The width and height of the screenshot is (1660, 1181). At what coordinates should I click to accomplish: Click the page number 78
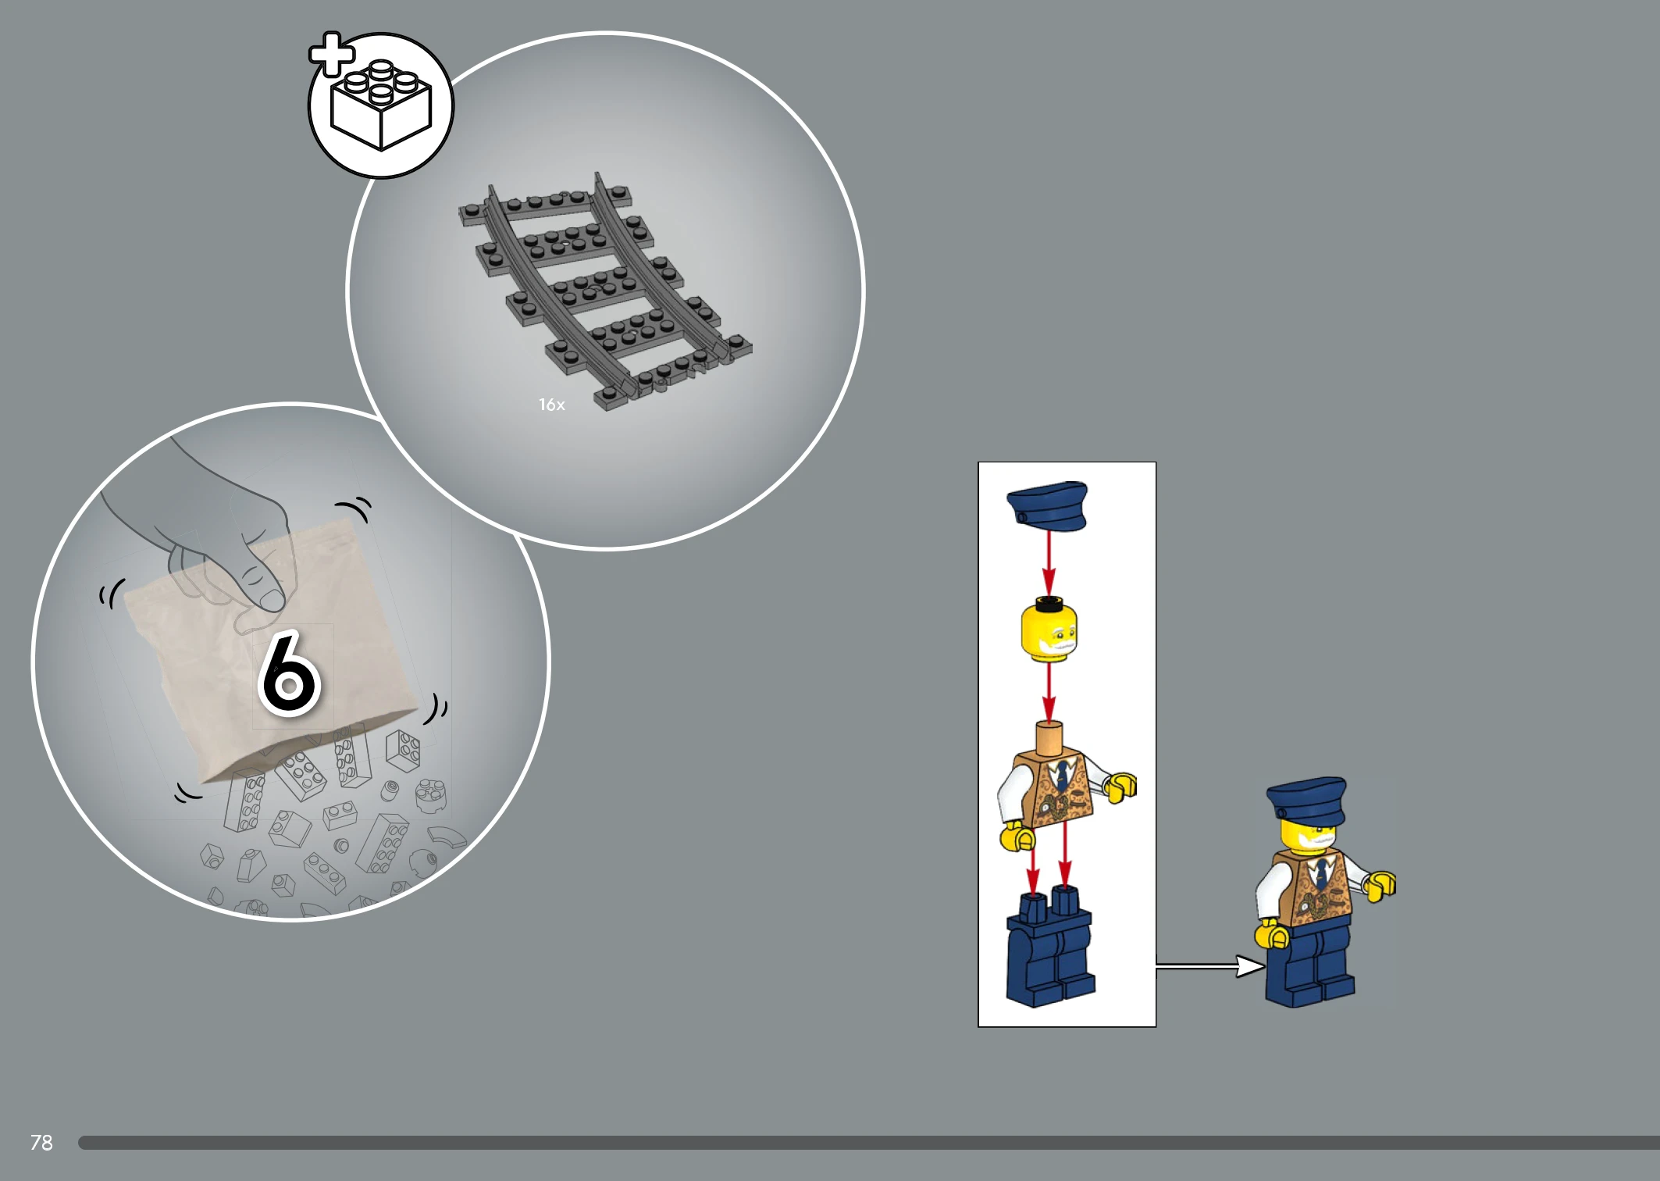click(41, 1143)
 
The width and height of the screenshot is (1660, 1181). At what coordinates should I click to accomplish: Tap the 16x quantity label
click(551, 405)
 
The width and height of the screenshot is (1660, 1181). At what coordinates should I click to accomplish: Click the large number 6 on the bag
click(289, 674)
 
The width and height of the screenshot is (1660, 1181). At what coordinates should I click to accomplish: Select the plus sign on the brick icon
click(332, 54)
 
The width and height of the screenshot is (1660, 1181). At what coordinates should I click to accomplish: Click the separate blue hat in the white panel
click(1047, 506)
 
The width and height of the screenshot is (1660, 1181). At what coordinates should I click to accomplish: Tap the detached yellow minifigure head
click(1049, 630)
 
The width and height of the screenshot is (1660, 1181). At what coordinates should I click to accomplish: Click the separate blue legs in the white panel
click(1050, 947)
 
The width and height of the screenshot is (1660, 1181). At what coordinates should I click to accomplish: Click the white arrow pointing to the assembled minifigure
click(1210, 967)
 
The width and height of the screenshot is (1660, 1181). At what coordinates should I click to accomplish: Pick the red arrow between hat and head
click(1049, 563)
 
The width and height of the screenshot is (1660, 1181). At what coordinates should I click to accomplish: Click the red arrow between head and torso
click(1049, 691)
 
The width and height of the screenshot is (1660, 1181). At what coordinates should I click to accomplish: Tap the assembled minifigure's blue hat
click(1306, 801)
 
